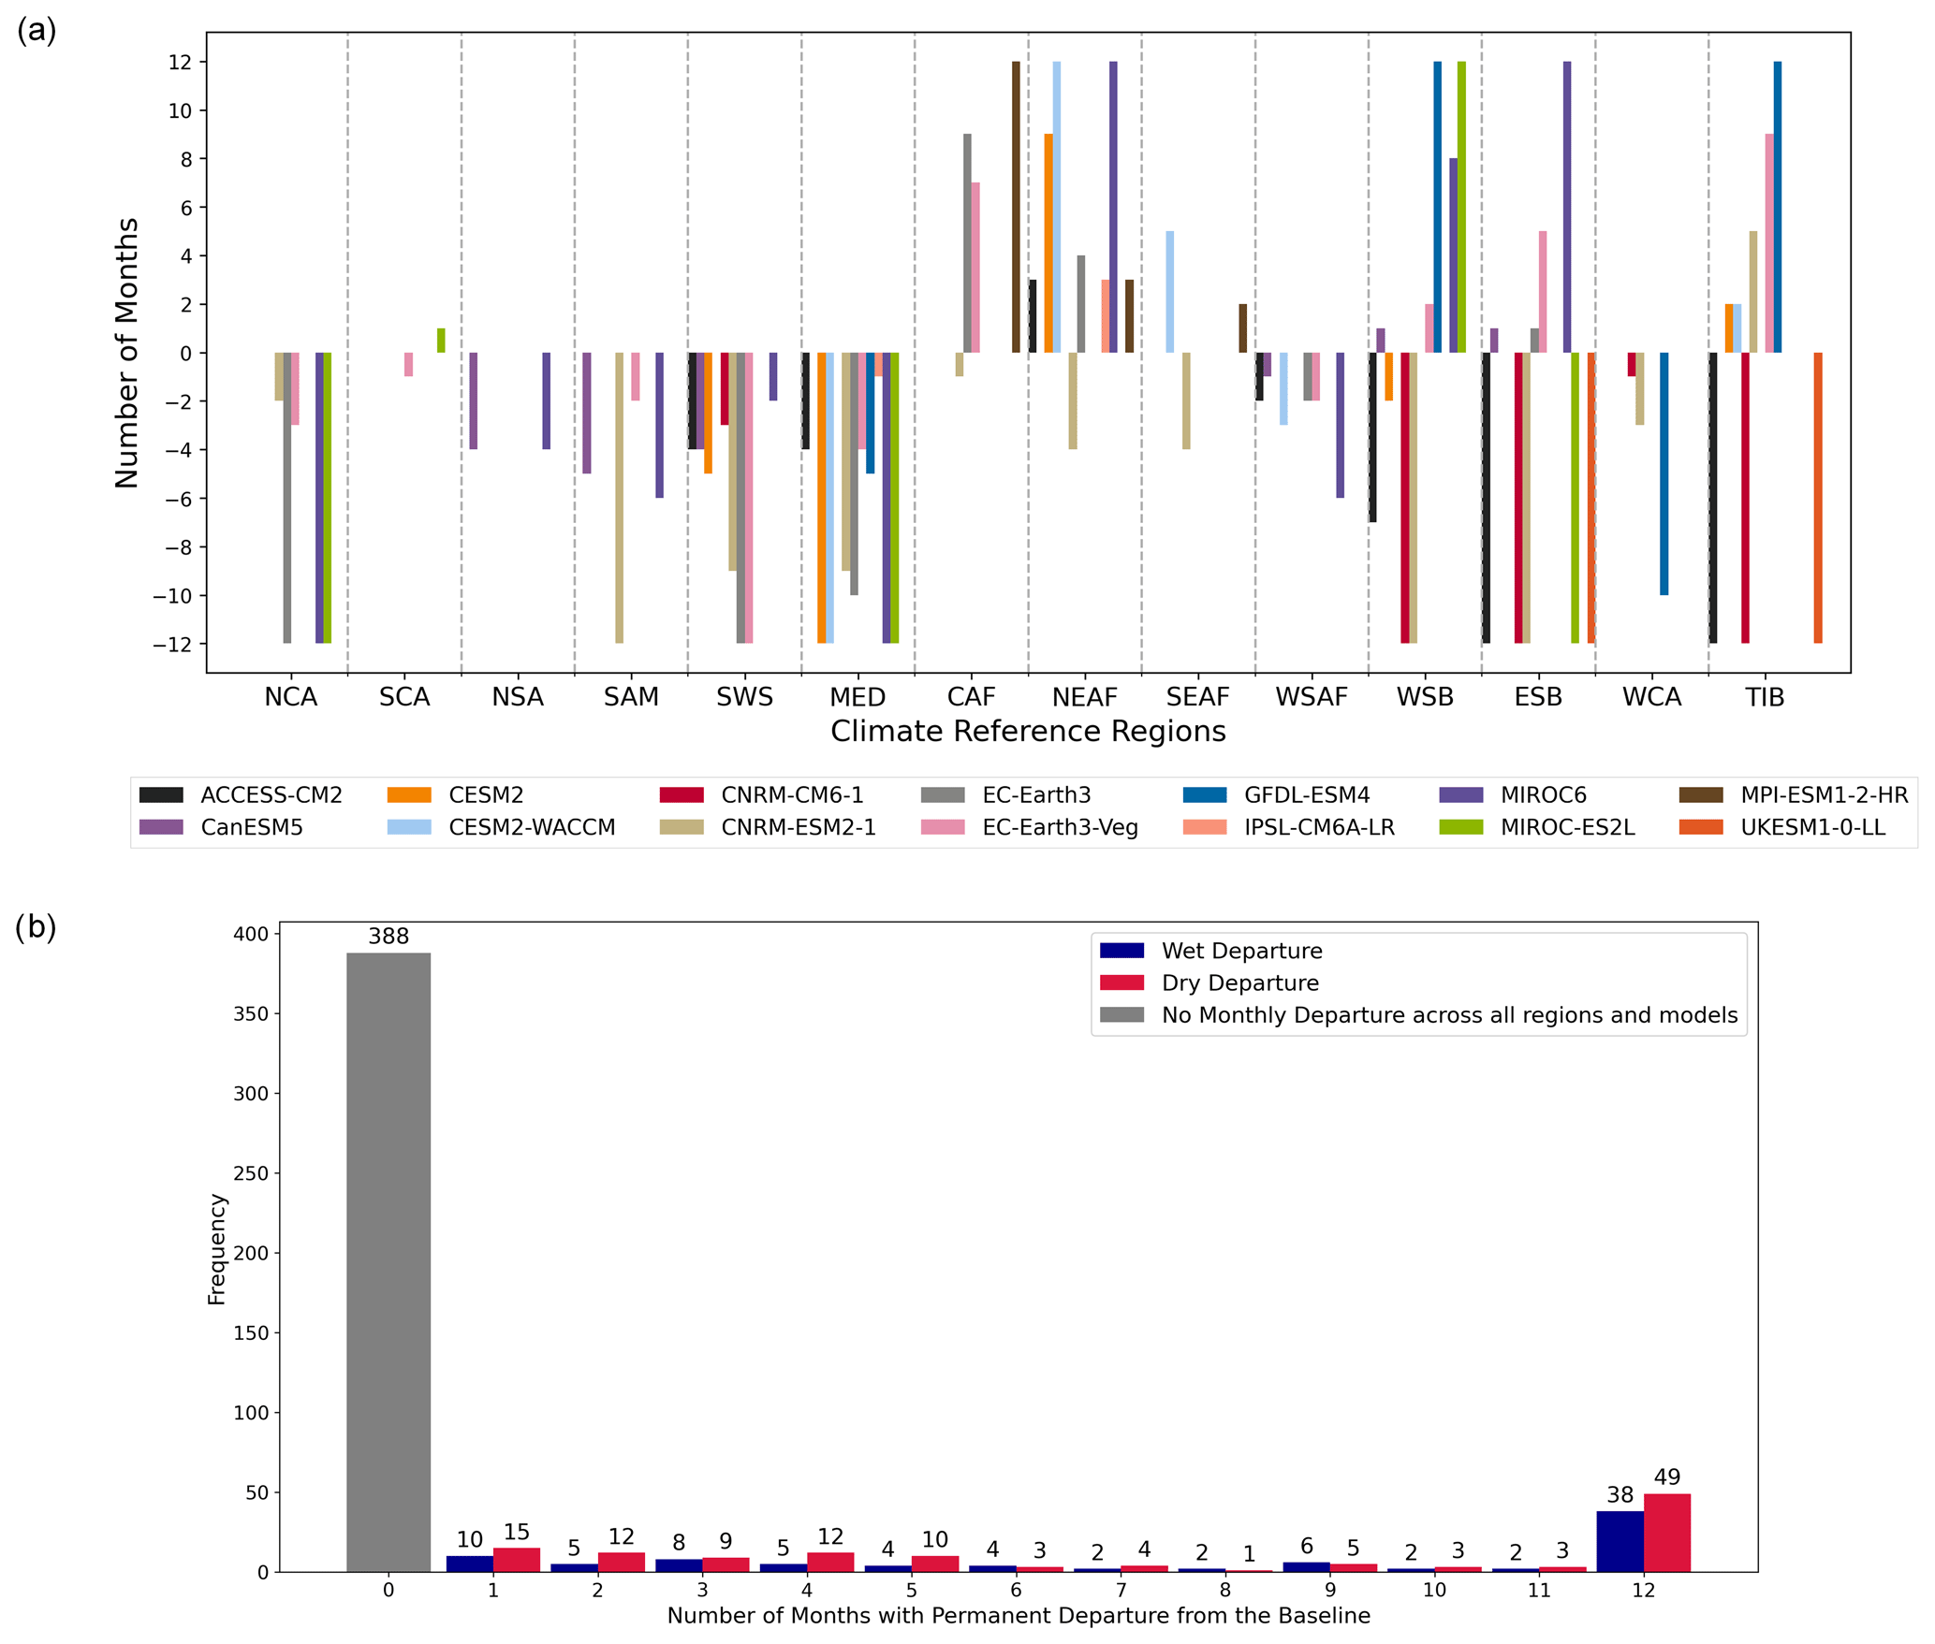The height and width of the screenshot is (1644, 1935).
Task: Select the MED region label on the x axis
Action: tap(858, 697)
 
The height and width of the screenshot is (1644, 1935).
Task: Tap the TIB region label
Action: tap(1765, 697)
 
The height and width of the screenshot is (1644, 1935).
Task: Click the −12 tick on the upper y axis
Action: tap(179, 645)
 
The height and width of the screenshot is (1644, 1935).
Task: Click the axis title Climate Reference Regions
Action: tap(1028, 732)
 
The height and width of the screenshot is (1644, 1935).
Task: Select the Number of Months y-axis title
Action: tap(126, 353)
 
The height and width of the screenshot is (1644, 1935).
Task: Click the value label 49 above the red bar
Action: tap(1666, 1477)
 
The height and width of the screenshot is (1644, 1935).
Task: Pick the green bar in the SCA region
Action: tap(441, 341)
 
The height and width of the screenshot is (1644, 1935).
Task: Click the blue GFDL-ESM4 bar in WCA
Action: tap(1664, 473)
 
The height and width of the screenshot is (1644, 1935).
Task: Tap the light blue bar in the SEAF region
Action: tap(1169, 292)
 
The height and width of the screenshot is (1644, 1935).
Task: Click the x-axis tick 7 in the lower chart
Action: tap(1121, 1589)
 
